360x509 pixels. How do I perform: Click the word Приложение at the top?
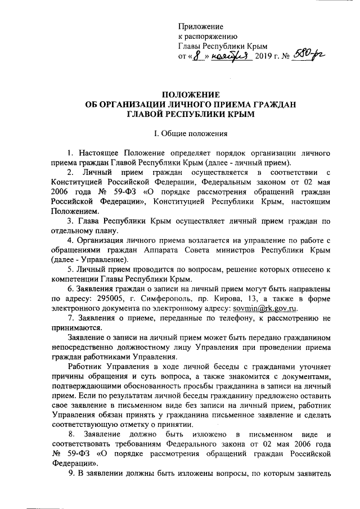tap(201, 26)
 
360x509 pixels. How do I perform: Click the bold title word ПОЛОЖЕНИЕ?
tap(187, 94)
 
